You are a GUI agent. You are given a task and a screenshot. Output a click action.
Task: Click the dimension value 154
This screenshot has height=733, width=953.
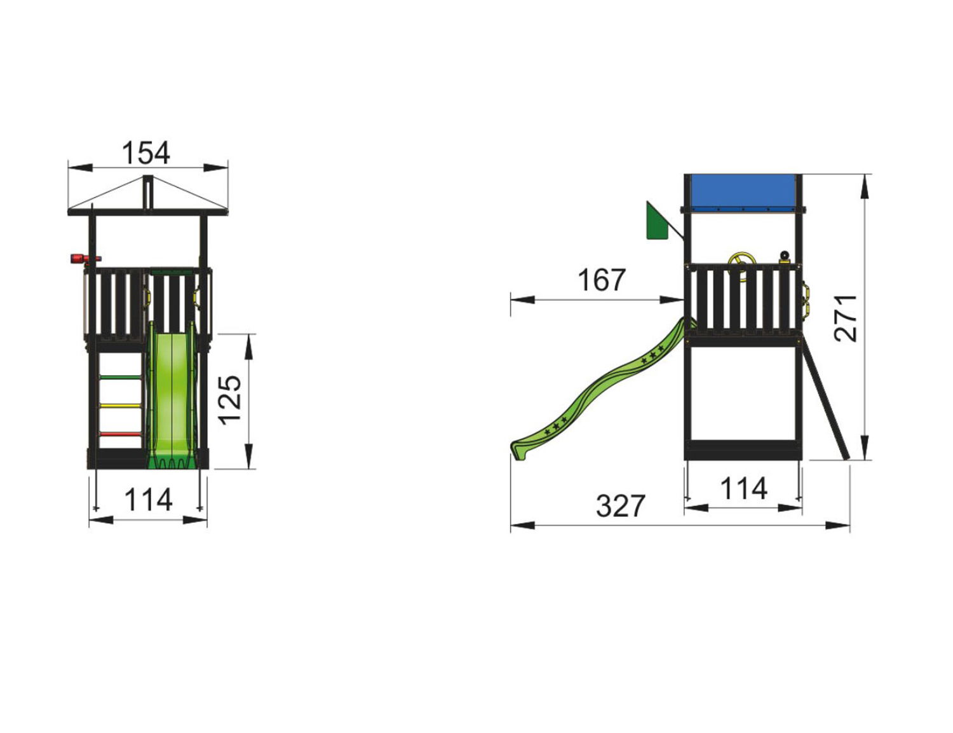[x=145, y=153]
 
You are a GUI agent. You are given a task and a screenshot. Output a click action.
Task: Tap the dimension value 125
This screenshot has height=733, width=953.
[x=231, y=401]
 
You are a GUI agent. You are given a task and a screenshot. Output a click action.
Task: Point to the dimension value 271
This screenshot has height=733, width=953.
[x=846, y=318]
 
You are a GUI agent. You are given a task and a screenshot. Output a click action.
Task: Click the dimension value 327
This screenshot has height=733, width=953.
[x=620, y=505]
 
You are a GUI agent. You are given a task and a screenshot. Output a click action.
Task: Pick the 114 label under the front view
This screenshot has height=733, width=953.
[x=149, y=500]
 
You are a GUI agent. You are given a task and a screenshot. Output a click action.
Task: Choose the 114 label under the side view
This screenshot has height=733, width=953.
[x=744, y=488]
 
